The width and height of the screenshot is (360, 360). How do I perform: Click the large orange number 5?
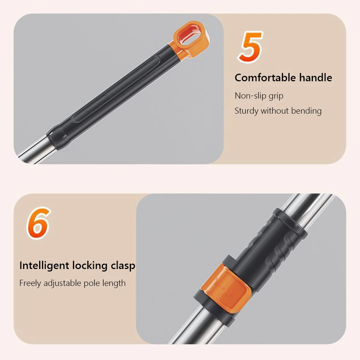(x=251, y=47)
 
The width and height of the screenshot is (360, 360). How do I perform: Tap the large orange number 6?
(x=38, y=223)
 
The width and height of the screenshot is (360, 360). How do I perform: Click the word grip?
(x=276, y=96)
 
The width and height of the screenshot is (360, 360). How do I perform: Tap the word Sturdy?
(x=246, y=111)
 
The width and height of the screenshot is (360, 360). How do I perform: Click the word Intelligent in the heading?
(x=44, y=266)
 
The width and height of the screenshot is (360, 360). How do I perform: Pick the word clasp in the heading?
(x=123, y=266)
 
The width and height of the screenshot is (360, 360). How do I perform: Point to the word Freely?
(x=30, y=283)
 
